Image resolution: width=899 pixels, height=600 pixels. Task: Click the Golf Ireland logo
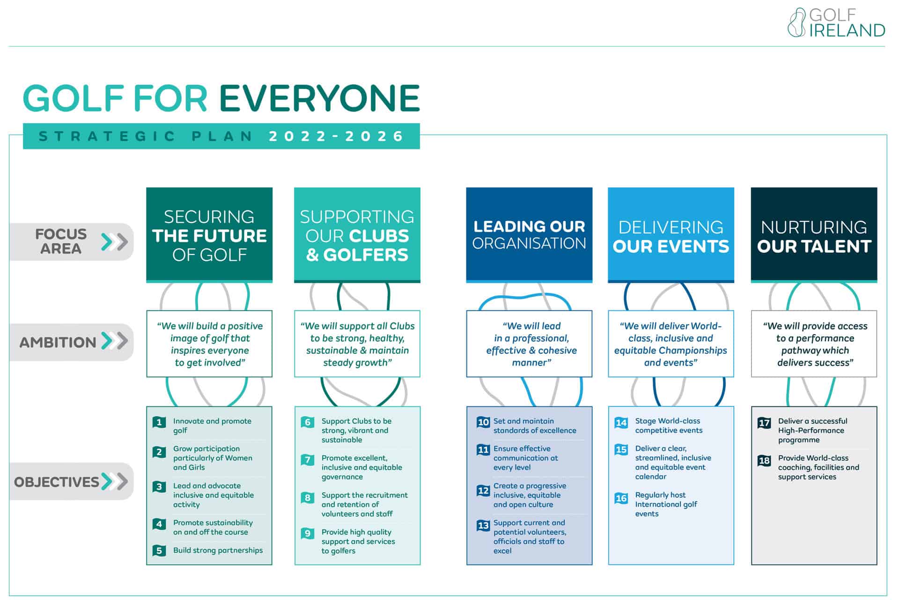click(836, 22)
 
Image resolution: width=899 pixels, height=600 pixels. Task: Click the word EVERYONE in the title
click(319, 98)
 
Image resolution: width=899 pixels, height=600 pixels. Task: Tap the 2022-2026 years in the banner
click(336, 136)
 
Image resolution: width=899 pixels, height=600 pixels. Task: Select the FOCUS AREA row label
click(61, 241)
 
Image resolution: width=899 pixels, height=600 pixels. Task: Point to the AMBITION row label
click(58, 342)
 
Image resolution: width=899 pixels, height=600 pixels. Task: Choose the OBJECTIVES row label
click(57, 482)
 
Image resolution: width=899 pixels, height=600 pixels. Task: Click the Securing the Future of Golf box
click(209, 235)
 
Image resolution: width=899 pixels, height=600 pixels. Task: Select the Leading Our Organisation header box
click(529, 235)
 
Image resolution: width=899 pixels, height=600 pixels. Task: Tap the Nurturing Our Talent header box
click(814, 235)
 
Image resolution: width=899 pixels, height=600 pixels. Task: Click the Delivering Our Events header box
click(671, 235)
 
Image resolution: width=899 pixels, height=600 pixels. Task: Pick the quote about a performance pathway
click(814, 344)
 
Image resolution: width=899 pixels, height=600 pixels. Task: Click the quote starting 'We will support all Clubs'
click(357, 344)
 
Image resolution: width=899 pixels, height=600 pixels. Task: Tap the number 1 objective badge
click(159, 422)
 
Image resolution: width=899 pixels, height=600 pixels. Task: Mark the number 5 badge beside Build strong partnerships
click(159, 551)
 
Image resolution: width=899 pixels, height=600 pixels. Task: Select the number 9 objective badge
click(308, 533)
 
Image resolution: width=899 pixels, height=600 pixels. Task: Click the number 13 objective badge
click(483, 525)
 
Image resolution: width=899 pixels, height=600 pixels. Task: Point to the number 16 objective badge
click(621, 498)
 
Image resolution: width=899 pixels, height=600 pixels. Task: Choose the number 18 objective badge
click(764, 460)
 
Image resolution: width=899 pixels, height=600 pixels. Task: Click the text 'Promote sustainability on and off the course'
click(213, 527)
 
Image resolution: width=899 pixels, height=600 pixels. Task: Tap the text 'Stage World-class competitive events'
click(669, 426)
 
